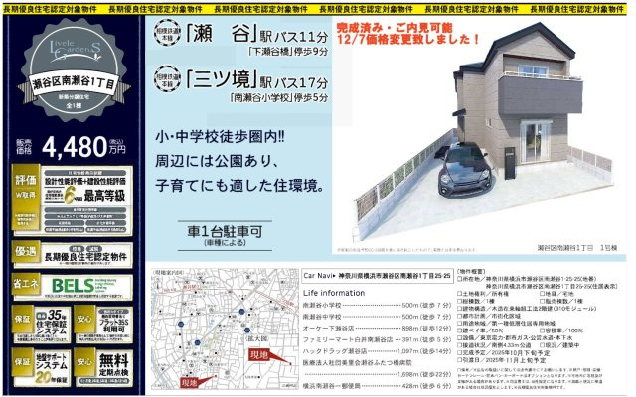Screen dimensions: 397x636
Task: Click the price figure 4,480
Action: (70, 147)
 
